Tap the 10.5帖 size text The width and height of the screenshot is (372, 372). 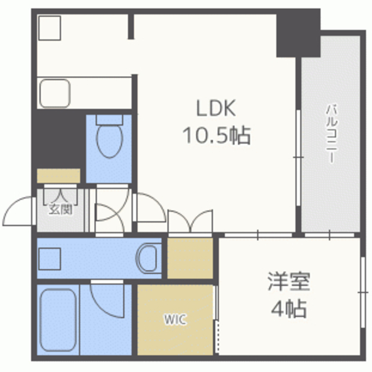tap(217, 136)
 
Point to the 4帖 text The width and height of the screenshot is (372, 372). tap(288, 309)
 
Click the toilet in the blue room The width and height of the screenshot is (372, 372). tap(109, 139)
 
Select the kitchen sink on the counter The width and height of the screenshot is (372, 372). tap(55, 93)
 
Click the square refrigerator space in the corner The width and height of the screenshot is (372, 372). tap(49, 27)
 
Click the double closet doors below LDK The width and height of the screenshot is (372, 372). tap(192, 221)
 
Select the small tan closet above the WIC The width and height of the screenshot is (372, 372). tap(190, 257)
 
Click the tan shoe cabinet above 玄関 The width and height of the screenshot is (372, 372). tap(58, 176)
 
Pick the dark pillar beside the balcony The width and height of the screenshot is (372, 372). tap(298, 33)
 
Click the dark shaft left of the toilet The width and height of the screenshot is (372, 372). tap(57, 139)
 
